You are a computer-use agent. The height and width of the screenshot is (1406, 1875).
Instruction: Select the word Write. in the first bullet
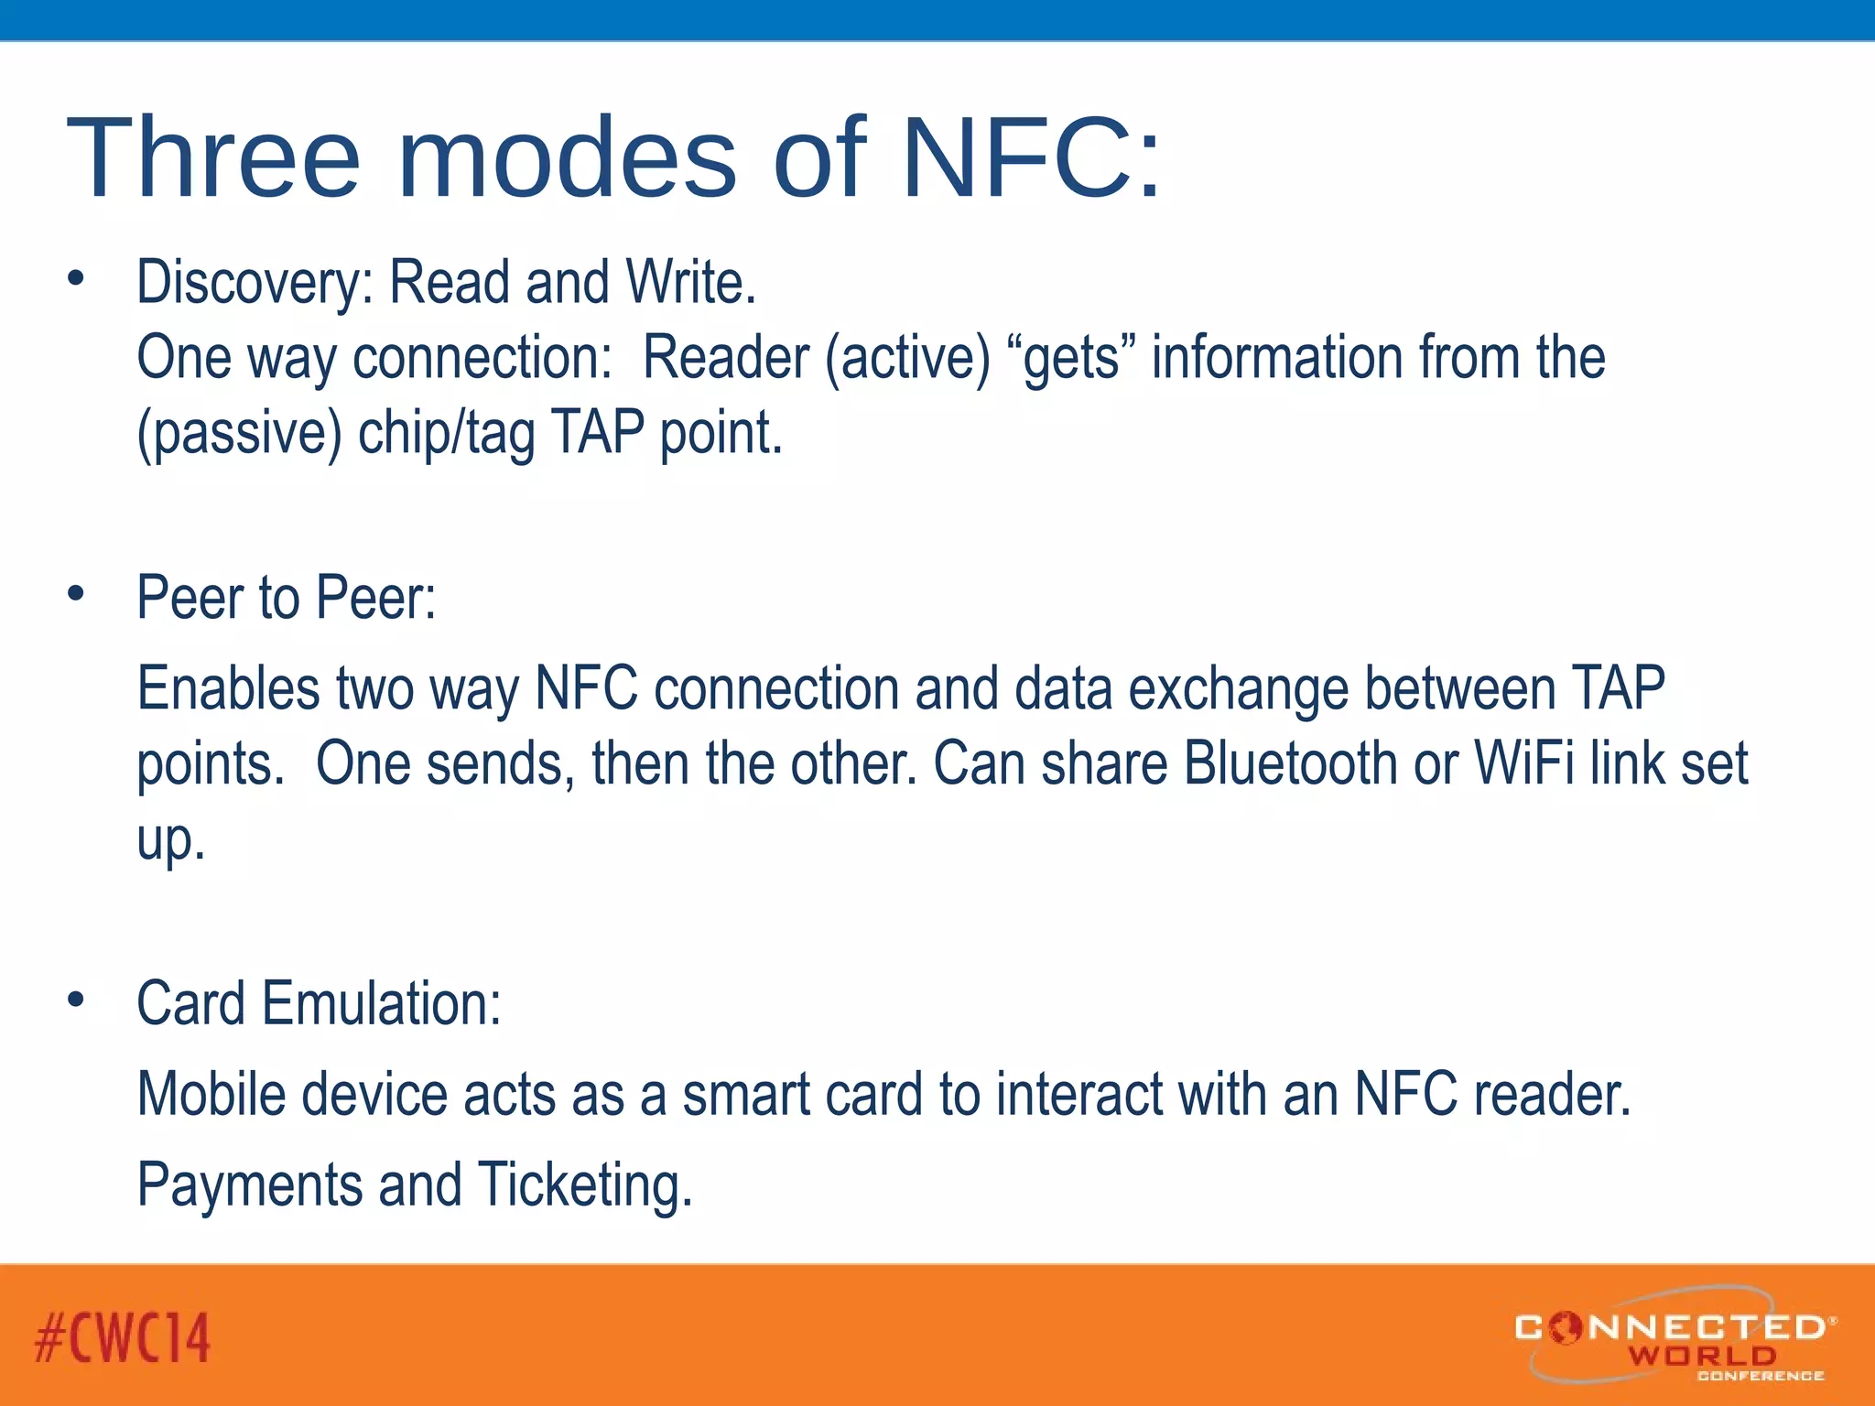[690, 283]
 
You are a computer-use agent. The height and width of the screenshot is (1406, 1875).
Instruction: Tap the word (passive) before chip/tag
[239, 433]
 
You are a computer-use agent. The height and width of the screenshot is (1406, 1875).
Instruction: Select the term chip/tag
[446, 433]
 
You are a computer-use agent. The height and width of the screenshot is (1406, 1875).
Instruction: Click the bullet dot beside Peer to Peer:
[76, 593]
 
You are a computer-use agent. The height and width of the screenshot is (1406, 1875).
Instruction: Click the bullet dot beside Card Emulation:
[76, 1000]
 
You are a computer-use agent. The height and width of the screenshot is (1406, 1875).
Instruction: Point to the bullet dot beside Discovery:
[76, 277]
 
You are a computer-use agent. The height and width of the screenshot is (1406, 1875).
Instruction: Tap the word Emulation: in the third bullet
[382, 1004]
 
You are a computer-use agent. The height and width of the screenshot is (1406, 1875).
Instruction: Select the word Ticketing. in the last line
[585, 1185]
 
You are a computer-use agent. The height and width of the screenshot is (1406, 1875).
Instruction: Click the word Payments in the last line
[249, 1185]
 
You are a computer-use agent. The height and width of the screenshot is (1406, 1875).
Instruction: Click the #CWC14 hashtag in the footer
[123, 1338]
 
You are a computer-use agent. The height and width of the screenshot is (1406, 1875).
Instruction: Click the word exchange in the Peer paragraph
[1238, 688]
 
